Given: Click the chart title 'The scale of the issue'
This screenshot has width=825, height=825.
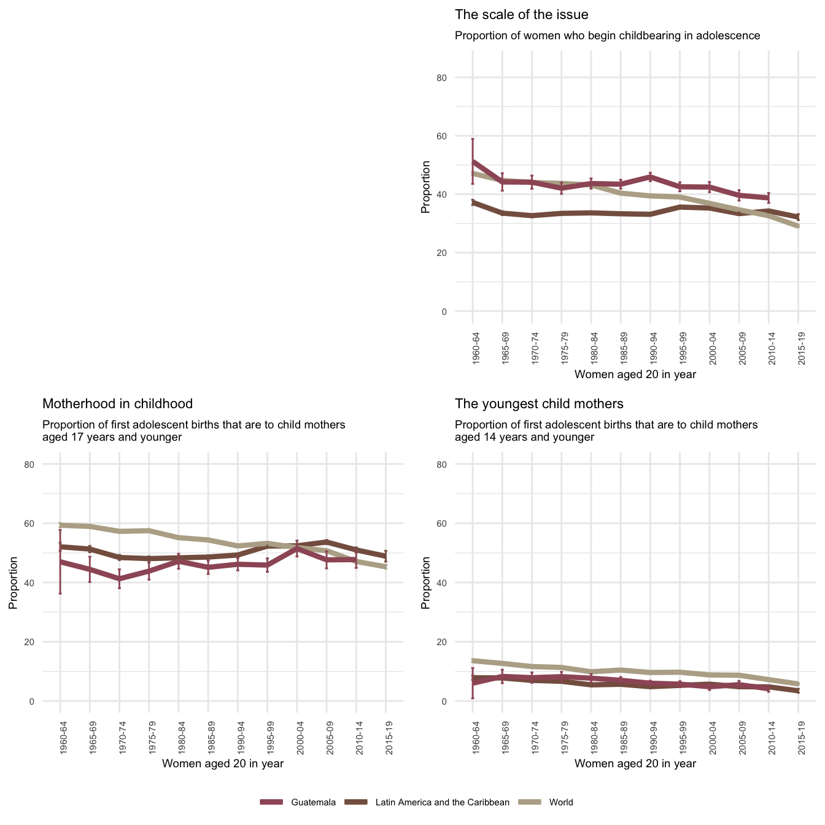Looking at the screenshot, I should pyautogui.click(x=521, y=15).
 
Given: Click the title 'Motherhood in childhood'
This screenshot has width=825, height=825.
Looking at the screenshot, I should pyautogui.click(x=117, y=404).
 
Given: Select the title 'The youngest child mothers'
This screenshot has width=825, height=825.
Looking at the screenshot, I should pyautogui.click(x=539, y=404).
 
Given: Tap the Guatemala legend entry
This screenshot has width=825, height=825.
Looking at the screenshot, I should pyautogui.click(x=313, y=802).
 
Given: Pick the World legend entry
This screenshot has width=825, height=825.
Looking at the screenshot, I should pyautogui.click(x=561, y=802).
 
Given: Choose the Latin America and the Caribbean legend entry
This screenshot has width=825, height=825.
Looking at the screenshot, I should pyautogui.click(x=442, y=802).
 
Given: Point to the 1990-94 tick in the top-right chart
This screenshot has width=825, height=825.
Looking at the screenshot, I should pyautogui.click(x=650, y=348).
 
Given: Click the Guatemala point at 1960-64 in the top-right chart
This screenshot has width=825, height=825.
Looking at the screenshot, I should pyautogui.click(x=473, y=162).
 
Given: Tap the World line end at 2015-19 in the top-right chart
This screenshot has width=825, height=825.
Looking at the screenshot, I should pyautogui.click(x=798, y=227).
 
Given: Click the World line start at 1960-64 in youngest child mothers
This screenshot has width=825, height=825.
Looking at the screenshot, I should pyautogui.click(x=473, y=660).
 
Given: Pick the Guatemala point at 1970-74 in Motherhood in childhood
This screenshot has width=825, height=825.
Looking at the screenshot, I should pyautogui.click(x=120, y=579).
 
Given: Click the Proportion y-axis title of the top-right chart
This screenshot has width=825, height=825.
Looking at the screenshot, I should pyautogui.click(x=425, y=187).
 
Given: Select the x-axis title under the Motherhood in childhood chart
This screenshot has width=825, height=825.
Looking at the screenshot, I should pyautogui.click(x=222, y=764).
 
